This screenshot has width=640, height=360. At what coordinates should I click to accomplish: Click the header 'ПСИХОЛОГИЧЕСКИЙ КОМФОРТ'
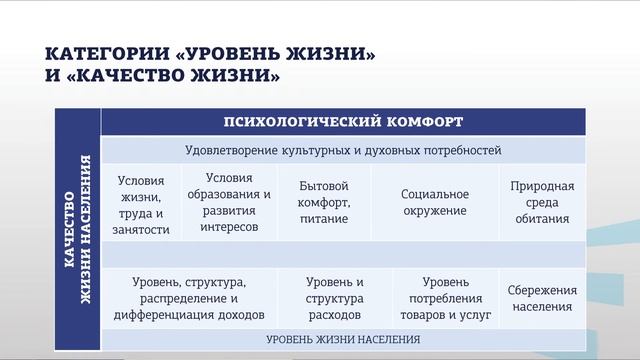point(343,122)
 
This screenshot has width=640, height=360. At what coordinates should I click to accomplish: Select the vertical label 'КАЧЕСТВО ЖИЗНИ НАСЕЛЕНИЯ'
point(77,229)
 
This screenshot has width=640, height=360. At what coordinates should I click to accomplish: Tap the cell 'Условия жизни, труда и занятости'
point(142,206)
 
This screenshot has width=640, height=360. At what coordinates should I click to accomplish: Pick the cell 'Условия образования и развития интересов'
point(228,202)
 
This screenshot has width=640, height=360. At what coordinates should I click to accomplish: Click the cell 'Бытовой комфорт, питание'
point(323,202)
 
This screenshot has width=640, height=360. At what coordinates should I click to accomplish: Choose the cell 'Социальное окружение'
point(435,202)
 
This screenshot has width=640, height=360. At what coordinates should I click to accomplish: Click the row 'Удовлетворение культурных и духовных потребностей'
point(343,151)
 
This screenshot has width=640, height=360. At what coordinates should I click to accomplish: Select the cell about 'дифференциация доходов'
point(189,298)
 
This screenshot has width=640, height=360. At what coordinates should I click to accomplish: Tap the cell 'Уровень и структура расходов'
point(335,298)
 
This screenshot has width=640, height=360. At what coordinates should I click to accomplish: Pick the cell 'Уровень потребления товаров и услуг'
point(445,298)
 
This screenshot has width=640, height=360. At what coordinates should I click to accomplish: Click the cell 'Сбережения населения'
point(541,298)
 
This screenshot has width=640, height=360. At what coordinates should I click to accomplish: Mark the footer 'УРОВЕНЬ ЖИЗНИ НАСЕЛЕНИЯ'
point(343,339)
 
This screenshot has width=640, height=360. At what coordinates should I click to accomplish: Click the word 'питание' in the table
point(323,218)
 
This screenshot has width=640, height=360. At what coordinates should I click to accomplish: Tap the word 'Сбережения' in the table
point(541,290)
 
